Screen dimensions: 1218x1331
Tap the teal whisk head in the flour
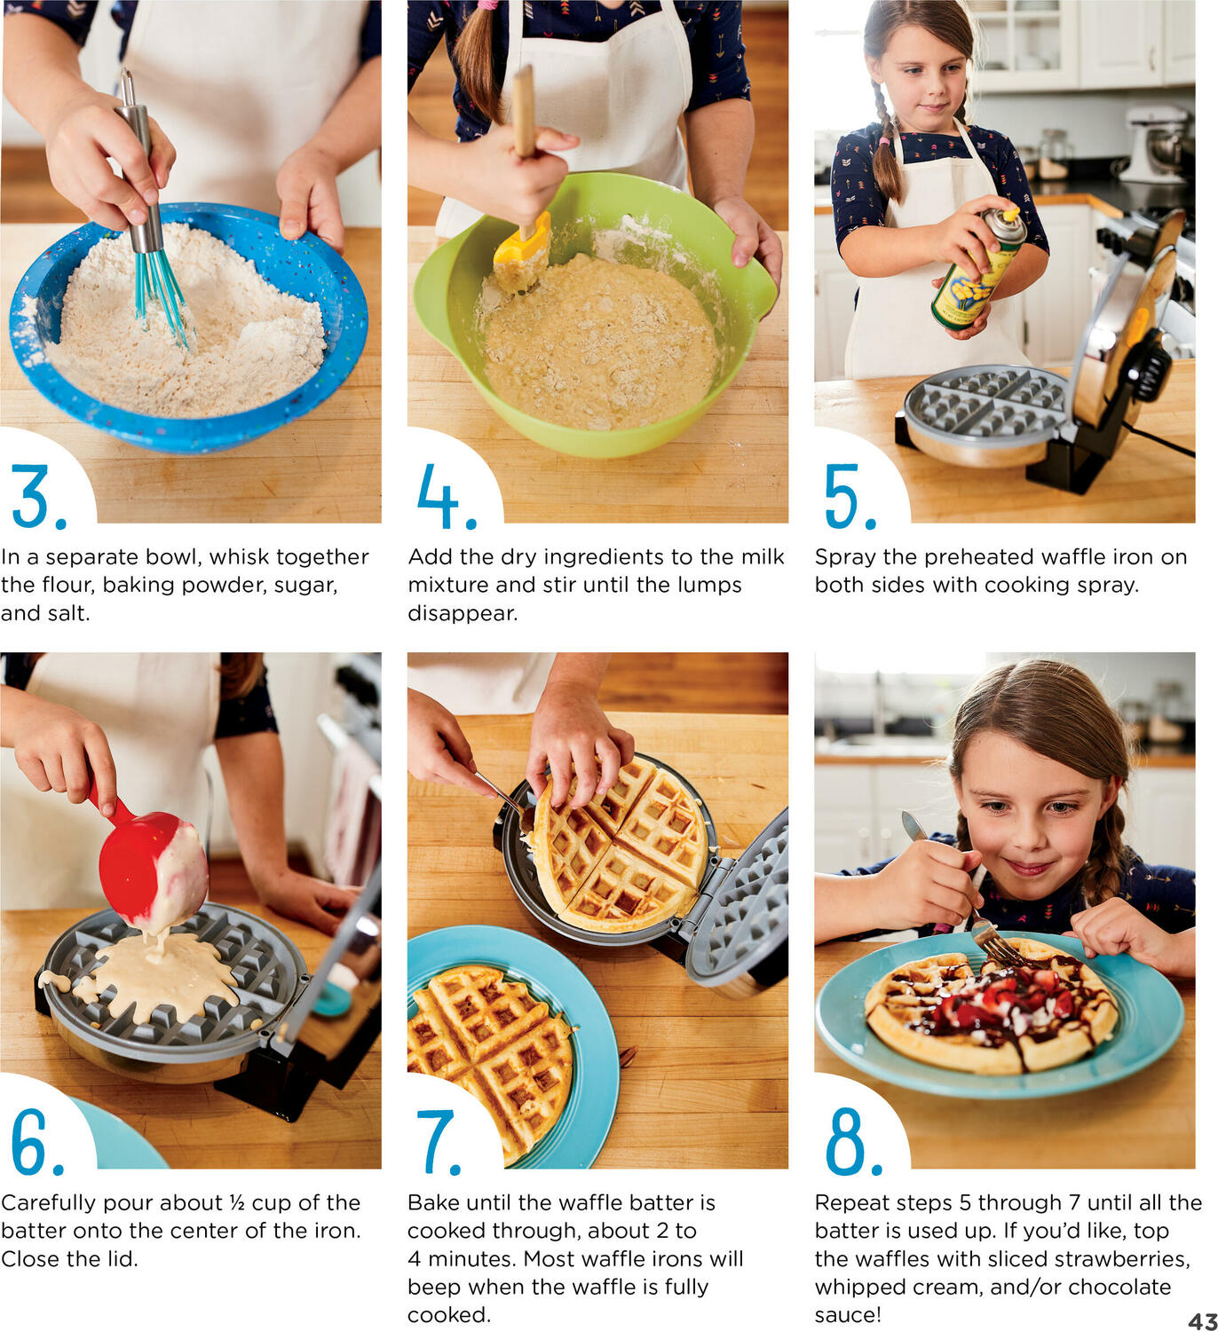pyautogui.click(x=163, y=297)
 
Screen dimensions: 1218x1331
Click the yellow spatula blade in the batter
pyautogui.click(x=523, y=253)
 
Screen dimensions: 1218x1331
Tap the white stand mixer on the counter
pyautogui.click(x=1155, y=144)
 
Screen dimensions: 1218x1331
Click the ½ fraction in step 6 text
pyautogui.click(x=237, y=1202)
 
